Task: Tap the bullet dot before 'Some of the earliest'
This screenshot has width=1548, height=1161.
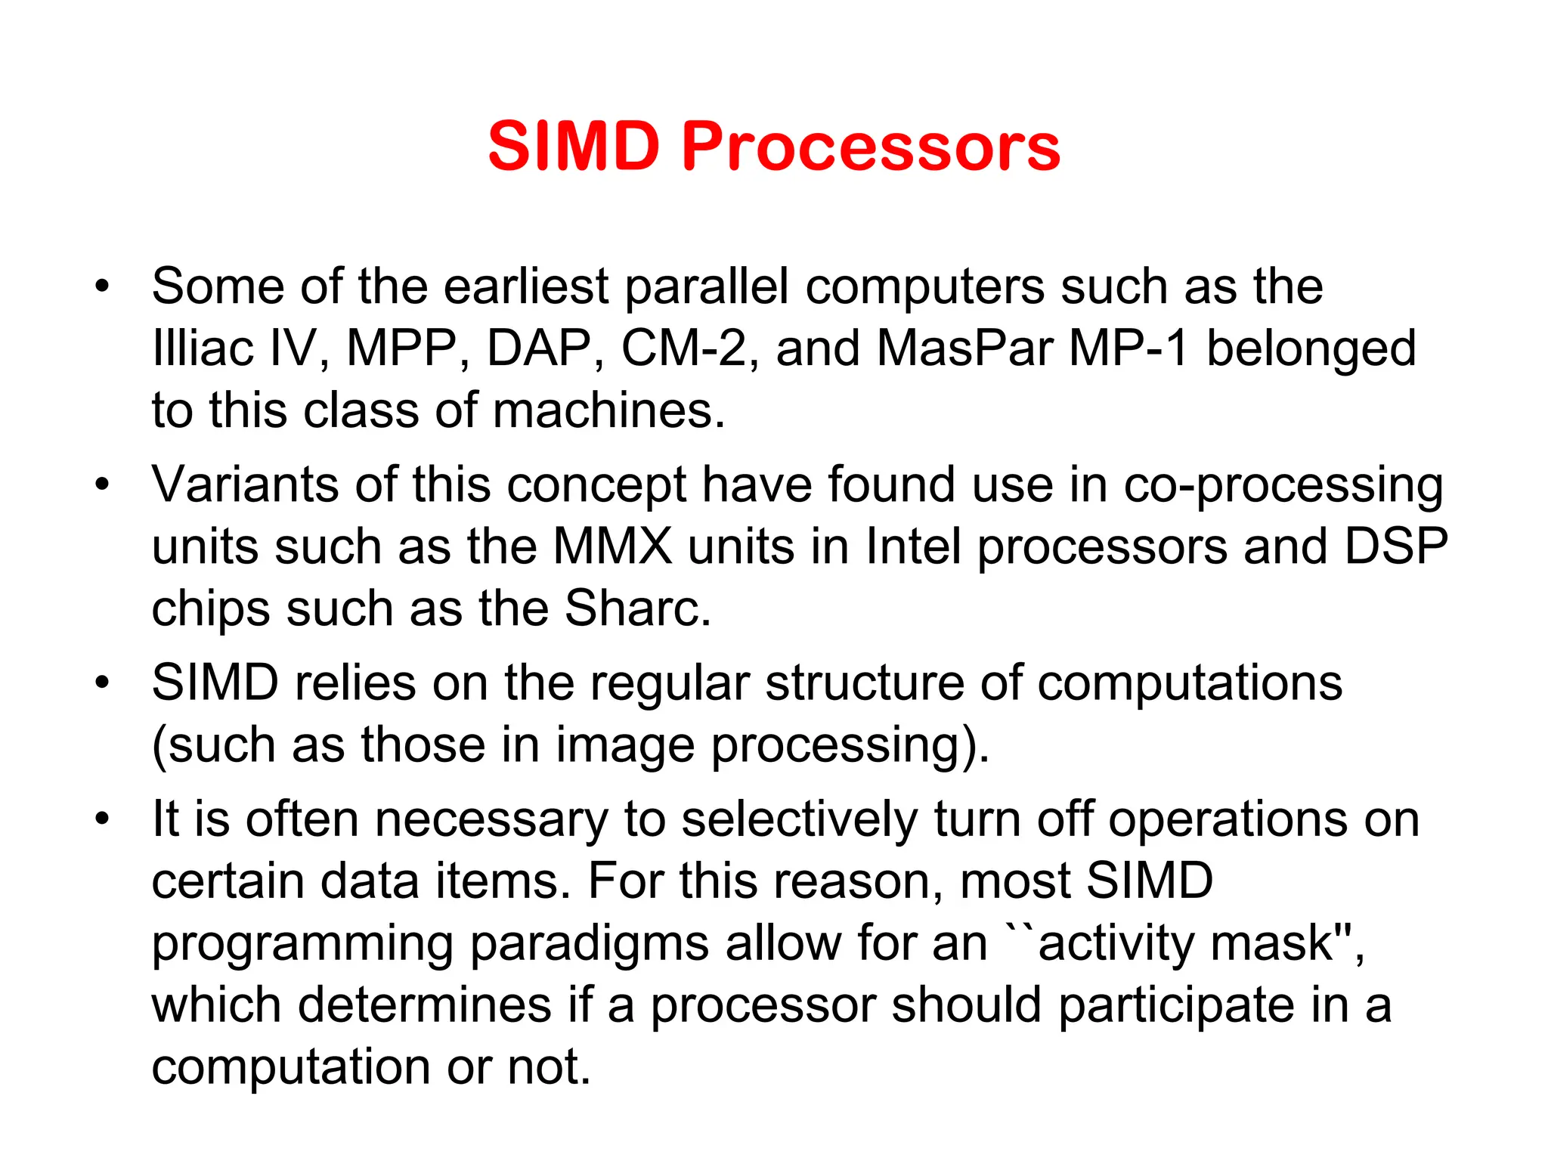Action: [x=103, y=287]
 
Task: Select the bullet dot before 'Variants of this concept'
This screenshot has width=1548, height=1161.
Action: [x=103, y=485]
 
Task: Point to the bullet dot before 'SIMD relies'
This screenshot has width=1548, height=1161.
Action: [x=103, y=683]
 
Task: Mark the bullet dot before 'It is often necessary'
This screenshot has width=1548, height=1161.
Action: [x=103, y=819]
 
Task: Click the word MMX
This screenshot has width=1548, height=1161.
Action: [x=612, y=546]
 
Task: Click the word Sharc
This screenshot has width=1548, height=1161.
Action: [x=637, y=608]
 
